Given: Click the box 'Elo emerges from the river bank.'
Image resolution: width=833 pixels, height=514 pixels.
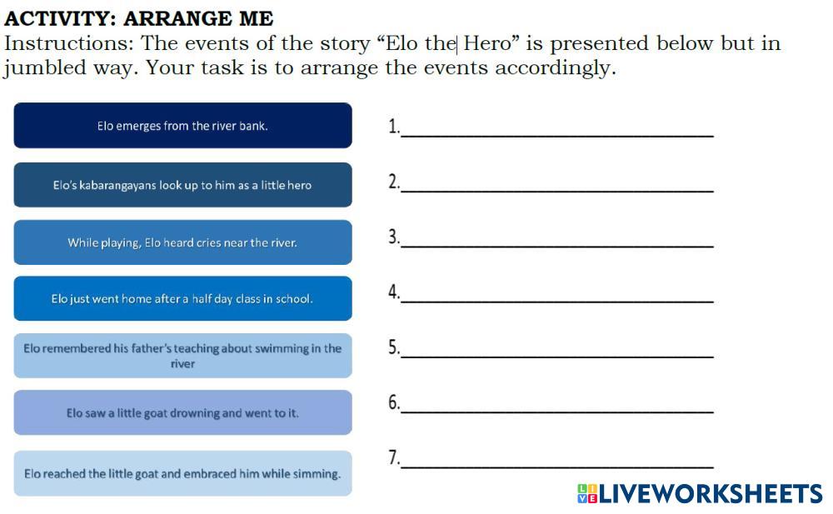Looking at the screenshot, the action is (x=182, y=126).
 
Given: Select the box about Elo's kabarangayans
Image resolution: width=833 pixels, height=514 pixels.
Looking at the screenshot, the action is (x=182, y=185).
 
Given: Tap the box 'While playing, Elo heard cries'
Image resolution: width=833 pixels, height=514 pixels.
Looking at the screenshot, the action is (x=182, y=242).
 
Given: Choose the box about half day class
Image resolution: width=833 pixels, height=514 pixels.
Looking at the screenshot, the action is (x=182, y=298).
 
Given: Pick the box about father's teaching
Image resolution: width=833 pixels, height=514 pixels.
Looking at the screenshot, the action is (x=182, y=356).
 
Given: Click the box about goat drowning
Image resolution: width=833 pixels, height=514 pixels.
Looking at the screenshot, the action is (x=182, y=412).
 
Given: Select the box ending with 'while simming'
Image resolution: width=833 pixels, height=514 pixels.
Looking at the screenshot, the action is (x=182, y=473).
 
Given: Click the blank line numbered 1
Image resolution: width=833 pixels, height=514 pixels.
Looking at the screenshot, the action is (x=557, y=137).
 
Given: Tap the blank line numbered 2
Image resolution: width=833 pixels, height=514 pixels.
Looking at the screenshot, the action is (x=557, y=192).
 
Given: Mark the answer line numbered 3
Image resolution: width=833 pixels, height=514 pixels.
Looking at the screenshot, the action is (x=557, y=247).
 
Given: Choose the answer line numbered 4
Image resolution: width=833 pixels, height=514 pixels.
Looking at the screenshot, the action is (x=557, y=302).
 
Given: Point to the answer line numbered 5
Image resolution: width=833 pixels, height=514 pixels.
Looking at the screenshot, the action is (x=557, y=357).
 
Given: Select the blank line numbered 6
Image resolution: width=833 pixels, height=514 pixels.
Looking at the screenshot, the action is (x=557, y=412).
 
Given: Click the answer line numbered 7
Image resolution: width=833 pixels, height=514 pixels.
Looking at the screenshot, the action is (x=557, y=467).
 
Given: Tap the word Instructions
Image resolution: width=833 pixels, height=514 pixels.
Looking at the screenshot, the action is (x=69, y=43).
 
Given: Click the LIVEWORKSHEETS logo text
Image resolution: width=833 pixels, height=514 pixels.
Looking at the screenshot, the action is (x=711, y=493).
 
